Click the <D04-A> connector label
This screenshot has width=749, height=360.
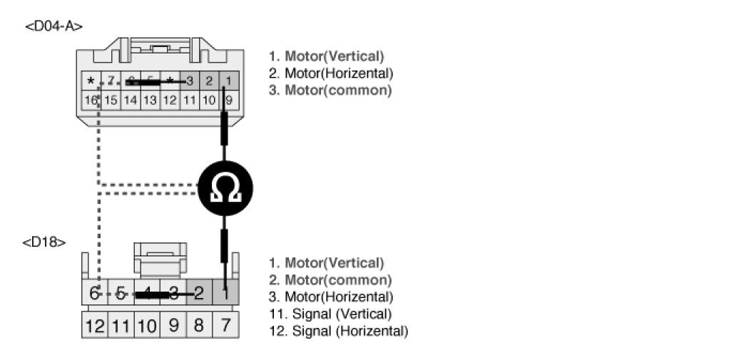[x=53, y=26]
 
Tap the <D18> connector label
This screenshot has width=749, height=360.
[x=44, y=242]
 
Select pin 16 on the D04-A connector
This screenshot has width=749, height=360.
[x=91, y=101]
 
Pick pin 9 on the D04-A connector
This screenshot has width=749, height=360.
[x=228, y=101]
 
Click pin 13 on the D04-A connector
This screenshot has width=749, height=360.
[x=150, y=101]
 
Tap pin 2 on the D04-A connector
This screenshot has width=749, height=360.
[x=208, y=81]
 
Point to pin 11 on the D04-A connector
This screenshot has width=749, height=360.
[x=189, y=101]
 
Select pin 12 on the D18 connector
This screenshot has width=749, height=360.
[x=95, y=326]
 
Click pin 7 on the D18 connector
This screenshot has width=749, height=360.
[x=225, y=326]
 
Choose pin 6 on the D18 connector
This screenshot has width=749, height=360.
[x=95, y=292]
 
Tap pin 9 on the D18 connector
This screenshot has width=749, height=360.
[x=173, y=326]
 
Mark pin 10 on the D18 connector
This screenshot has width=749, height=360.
[x=147, y=326]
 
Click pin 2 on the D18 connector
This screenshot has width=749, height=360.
[x=199, y=292]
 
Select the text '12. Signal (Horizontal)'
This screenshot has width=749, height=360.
[x=339, y=331]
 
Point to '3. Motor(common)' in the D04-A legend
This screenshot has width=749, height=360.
[x=331, y=91]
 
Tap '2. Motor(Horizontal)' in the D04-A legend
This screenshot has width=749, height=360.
[x=331, y=73]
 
